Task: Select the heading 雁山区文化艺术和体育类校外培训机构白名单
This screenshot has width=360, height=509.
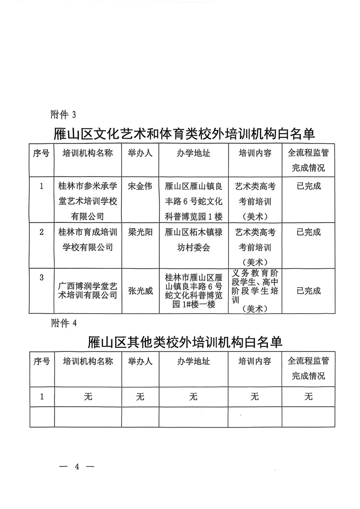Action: [x=184, y=134]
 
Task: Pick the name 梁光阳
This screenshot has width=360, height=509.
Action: [x=140, y=233]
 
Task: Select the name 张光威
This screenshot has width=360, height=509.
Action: [x=140, y=291]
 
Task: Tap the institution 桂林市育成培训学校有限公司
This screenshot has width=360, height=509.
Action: [x=88, y=240]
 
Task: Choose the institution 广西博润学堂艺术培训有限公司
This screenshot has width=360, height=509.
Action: [x=88, y=290]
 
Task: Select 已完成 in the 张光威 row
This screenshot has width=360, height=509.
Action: [x=309, y=291]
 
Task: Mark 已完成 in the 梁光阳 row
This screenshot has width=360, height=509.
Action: [x=309, y=233]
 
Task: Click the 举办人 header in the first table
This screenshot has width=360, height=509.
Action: [x=140, y=153]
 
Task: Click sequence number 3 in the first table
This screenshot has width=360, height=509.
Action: [x=42, y=277]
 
